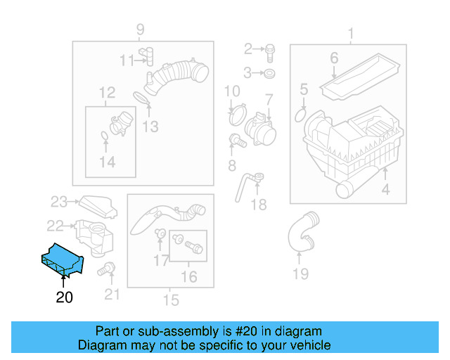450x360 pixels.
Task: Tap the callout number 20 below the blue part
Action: (x=64, y=297)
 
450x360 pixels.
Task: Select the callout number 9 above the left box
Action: (x=140, y=30)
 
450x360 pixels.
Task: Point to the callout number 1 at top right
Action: (x=351, y=33)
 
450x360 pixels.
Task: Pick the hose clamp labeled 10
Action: (x=236, y=110)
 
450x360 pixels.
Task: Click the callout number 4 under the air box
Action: (x=385, y=190)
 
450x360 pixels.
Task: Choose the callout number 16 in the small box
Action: (x=189, y=277)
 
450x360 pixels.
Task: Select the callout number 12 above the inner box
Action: (x=107, y=93)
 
